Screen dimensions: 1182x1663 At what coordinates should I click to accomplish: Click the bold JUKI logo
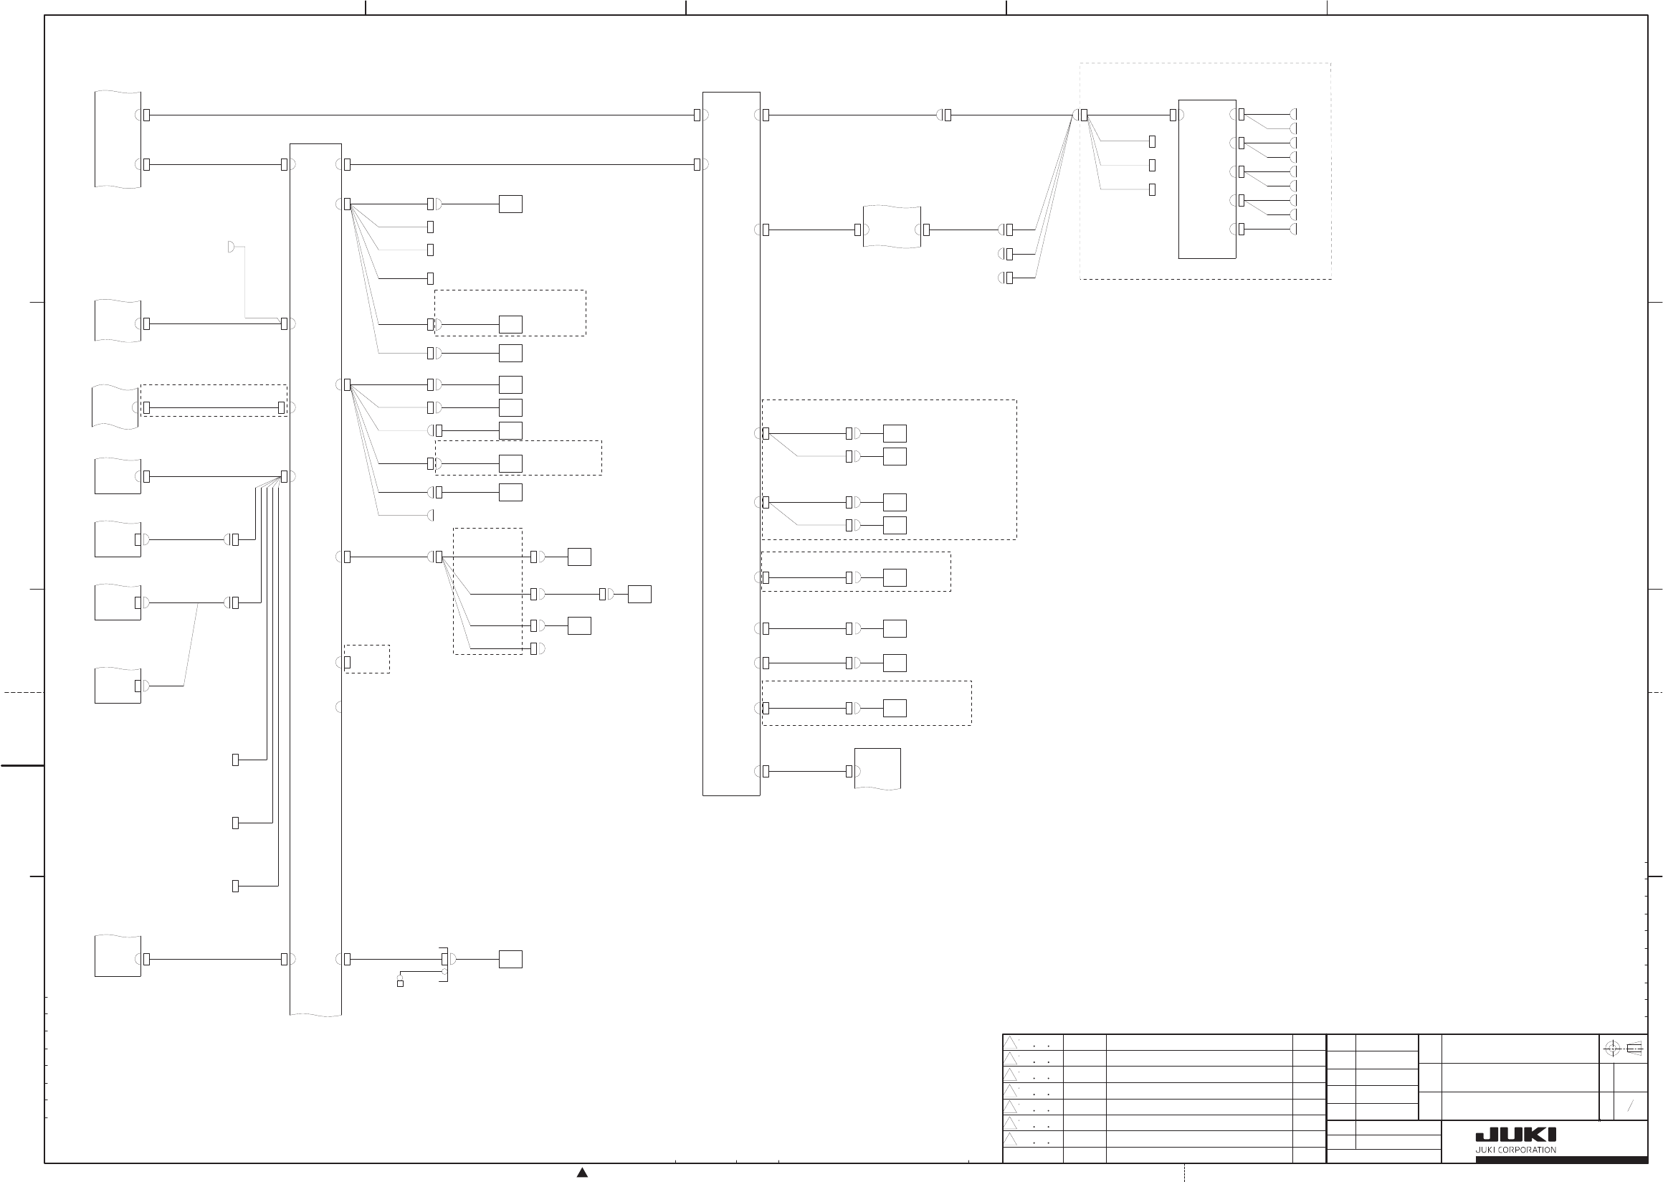tap(1515, 1135)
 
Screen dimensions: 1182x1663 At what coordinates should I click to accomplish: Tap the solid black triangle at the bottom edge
tap(582, 1172)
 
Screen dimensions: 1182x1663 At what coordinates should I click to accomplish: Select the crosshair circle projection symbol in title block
tap(1611, 1049)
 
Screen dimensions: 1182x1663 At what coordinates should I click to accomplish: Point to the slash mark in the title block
tap(1630, 1106)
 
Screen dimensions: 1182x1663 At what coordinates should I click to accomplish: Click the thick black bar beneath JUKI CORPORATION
tap(1561, 1160)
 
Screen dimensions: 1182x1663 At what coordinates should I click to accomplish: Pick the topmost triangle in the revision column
tap(1011, 1043)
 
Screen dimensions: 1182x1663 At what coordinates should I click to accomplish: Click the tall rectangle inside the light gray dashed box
tap(1207, 179)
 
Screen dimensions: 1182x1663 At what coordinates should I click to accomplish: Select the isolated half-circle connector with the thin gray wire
tap(231, 247)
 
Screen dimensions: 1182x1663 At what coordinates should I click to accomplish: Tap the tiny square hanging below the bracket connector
tap(400, 983)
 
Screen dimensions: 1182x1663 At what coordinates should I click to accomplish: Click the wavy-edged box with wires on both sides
tap(891, 227)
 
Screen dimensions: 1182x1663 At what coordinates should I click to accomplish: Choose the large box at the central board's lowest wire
tap(877, 769)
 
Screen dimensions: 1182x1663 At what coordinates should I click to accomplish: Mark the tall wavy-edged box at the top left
tap(117, 139)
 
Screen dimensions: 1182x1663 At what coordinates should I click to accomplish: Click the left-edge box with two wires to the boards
tap(117, 139)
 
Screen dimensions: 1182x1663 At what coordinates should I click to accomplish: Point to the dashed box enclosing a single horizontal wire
tap(214, 400)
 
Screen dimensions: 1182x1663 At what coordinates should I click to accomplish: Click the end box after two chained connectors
tap(639, 594)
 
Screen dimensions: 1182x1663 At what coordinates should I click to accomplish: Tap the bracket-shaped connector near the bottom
tap(444, 965)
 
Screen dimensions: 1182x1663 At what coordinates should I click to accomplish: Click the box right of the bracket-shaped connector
tap(510, 959)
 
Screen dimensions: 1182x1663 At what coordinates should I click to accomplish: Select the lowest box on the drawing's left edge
tap(117, 955)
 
